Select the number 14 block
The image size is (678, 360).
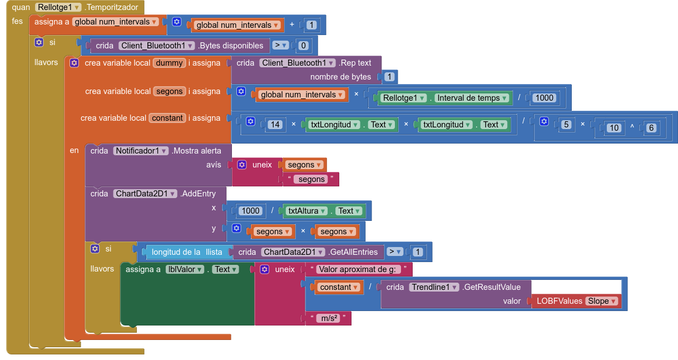pyautogui.click(x=275, y=125)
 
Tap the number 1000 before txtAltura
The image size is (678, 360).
pyautogui.click(x=251, y=211)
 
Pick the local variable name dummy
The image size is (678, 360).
pyautogui.click(x=169, y=63)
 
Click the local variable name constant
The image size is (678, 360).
pyautogui.click(x=167, y=118)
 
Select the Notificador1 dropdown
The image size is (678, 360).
pyautogui.click(x=141, y=151)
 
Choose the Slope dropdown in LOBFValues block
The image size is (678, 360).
pyautogui.click(x=602, y=301)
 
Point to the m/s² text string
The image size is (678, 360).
pyautogui.click(x=328, y=318)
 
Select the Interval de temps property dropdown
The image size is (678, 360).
pyautogui.click(x=472, y=98)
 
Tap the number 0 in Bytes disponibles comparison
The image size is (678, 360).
pyautogui.click(x=303, y=46)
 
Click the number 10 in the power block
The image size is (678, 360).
pyautogui.click(x=613, y=128)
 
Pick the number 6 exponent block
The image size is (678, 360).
pyautogui.click(x=651, y=128)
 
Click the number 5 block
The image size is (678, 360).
pyautogui.click(x=566, y=125)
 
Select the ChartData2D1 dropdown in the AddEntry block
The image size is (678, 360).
pyautogui.click(x=145, y=194)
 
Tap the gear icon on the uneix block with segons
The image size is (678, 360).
pyautogui.click(x=242, y=165)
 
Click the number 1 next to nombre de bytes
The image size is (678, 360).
pyautogui.click(x=389, y=77)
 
